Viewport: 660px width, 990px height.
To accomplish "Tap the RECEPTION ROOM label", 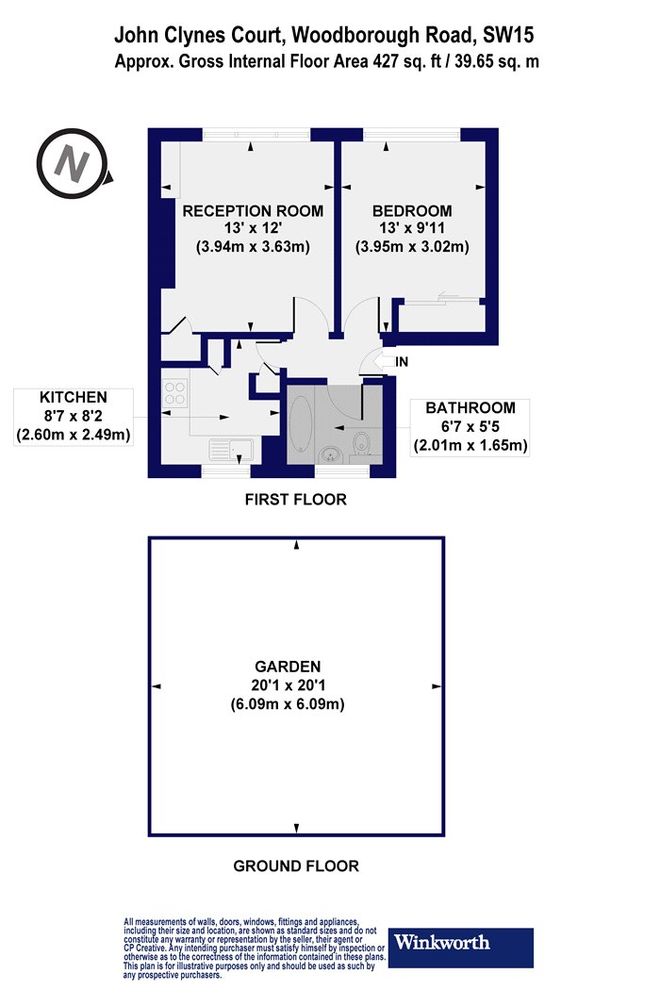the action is pyautogui.click(x=253, y=211).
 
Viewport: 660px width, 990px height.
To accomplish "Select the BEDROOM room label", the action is pyautogui.click(x=412, y=211).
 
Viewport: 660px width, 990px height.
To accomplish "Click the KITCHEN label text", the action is pyautogui.click(x=74, y=397).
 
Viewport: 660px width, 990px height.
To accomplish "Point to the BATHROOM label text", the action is pyautogui.click(x=470, y=408).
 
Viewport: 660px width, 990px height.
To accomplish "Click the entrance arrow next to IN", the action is pyautogui.click(x=384, y=361).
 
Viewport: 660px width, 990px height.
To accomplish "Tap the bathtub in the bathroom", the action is pyautogui.click(x=301, y=423).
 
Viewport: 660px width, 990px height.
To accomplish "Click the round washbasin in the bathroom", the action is pyautogui.click(x=330, y=454).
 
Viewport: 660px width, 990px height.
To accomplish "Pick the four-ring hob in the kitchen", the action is pyautogui.click(x=175, y=393).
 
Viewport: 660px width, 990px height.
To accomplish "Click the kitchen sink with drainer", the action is pyautogui.click(x=231, y=450).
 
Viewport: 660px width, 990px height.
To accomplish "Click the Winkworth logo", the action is pyautogui.click(x=460, y=947).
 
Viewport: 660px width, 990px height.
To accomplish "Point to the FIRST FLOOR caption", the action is pyautogui.click(x=295, y=500).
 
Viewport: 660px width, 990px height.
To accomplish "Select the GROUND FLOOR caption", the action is pyautogui.click(x=296, y=866).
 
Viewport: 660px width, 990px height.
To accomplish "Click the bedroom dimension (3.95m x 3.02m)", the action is pyautogui.click(x=412, y=246).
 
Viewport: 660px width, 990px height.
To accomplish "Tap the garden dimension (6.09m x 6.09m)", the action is pyautogui.click(x=288, y=704).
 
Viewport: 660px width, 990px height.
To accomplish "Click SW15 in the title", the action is pyautogui.click(x=508, y=36).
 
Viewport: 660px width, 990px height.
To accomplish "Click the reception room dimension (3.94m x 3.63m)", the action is pyautogui.click(x=253, y=246).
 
